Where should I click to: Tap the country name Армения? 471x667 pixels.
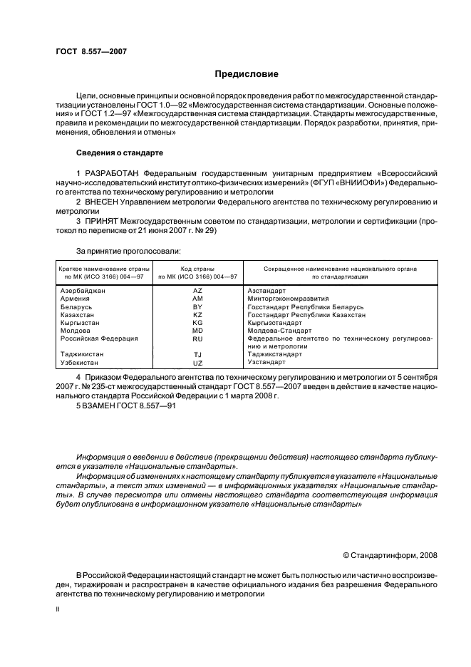76,299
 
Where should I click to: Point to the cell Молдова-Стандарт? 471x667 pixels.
279,331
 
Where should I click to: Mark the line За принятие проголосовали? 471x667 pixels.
128,250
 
